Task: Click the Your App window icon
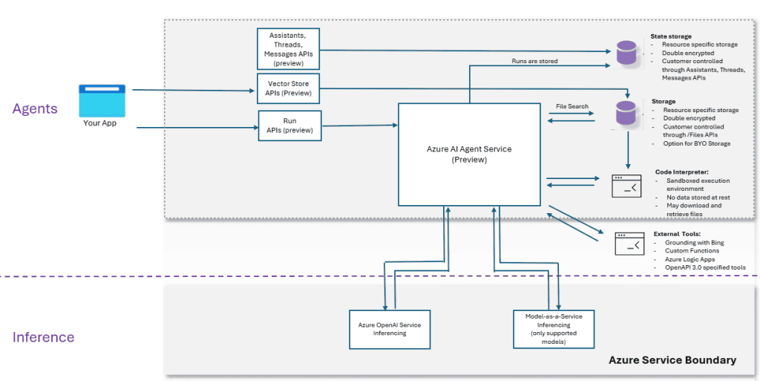coord(101,100)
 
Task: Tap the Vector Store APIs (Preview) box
coord(288,88)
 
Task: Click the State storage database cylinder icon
coord(626,53)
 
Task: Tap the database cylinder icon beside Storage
coord(626,114)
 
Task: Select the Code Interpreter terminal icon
coord(626,186)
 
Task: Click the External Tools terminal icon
coord(629,244)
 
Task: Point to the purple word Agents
coord(35,109)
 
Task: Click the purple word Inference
coord(43,337)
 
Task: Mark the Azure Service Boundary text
coord(672,360)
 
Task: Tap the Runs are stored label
coord(534,61)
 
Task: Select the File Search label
coord(571,106)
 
